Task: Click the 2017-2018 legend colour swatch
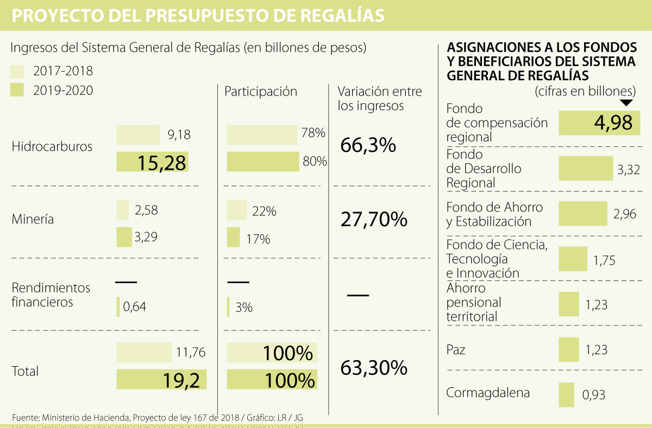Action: (17, 71)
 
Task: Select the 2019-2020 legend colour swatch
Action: (17, 90)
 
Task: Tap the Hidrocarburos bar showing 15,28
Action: (152, 162)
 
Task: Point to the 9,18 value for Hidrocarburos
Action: (179, 135)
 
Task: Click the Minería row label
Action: (33, 220)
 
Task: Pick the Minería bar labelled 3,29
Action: (124, 237)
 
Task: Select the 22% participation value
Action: (264, 212)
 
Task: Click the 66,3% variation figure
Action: (368, 145)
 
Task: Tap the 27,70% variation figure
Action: (374, 219)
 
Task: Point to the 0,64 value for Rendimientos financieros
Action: (134, 307)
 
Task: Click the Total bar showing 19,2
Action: (161, 379)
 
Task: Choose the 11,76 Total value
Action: (190, 353)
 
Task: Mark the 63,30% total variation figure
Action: (374, 368)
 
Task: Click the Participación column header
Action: (261, 92)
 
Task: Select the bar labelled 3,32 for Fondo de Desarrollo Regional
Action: (585, 168)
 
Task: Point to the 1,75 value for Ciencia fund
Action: (604, 260)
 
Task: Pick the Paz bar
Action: (568, 349)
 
